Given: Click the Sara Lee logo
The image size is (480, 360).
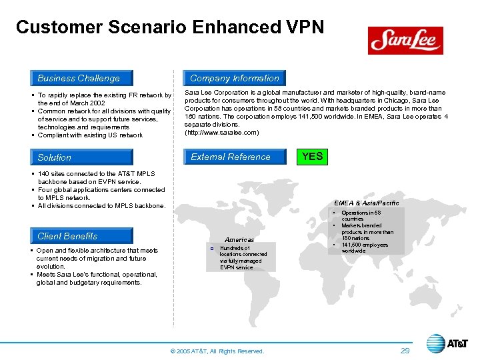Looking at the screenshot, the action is [405, 41].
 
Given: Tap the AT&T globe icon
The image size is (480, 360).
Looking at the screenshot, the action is [435, 344].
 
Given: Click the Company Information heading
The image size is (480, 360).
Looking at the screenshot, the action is [234, 78].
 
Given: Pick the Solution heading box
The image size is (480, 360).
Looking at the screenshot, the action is [80, 157].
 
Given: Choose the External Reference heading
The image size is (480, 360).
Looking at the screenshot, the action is [231, 157].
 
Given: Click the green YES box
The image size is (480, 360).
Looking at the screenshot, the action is [312, 157].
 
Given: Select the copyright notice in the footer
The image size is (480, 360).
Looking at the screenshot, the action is [218, 351].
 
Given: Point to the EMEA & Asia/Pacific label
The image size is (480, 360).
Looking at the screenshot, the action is [367, 203].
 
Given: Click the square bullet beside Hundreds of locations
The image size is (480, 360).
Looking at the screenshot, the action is [211, 248].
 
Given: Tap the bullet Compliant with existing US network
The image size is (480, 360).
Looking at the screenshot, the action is [90, 135].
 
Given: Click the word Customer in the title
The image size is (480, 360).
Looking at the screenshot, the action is [57, 27].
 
